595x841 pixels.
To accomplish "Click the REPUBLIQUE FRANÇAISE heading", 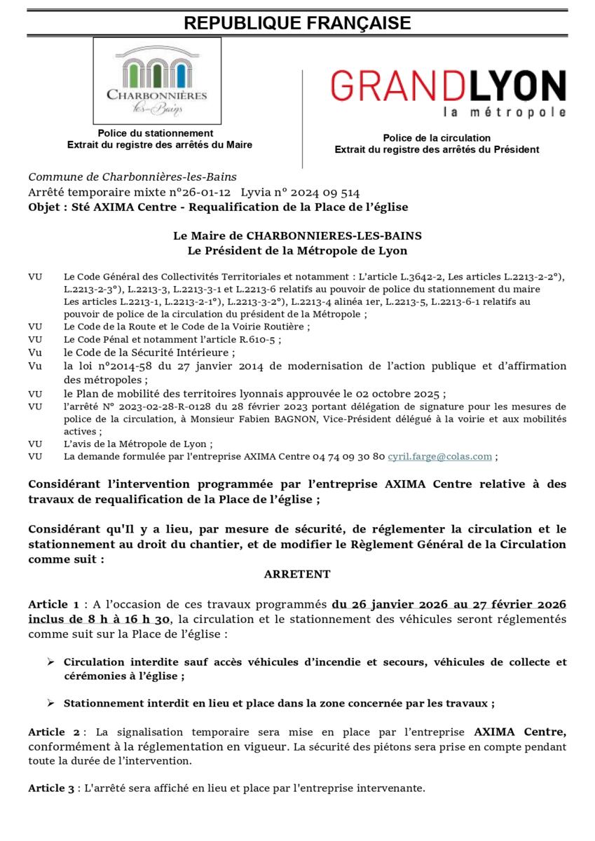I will click(297, 23).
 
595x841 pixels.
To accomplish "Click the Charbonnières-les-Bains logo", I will click(157, 81).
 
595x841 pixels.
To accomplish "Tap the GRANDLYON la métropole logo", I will click(448, 93).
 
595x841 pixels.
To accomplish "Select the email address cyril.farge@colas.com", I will click(440, 456).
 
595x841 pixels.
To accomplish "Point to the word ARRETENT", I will click(297, 574).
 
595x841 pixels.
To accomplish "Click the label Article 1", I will click(53, 604).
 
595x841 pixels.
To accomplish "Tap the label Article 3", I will click(51, 788).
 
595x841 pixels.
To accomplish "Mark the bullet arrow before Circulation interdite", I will click(51, 662).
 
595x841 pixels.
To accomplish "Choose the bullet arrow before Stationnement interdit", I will click(51, 704).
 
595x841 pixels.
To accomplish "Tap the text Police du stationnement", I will click(156, 132).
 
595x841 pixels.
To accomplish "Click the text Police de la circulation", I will click(437, 138).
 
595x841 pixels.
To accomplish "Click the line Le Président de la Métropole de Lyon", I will click(297, 250).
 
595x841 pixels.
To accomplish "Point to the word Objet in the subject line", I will click(44, 207).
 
